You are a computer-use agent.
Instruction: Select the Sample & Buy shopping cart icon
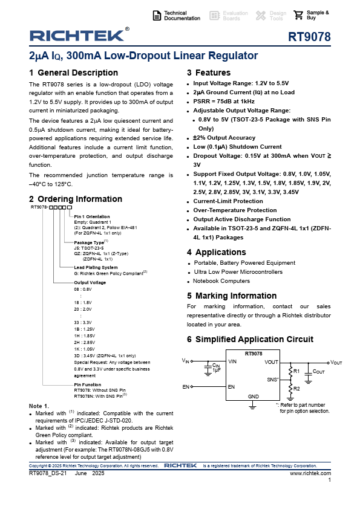(298, 15)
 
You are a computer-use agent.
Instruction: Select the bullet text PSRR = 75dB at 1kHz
(224, 101)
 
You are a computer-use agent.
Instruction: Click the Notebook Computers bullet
(221, 280)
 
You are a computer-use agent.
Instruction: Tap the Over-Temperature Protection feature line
(235, 210)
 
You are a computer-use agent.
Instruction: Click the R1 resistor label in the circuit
(296, 370)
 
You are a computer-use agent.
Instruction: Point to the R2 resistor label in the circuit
(296, 388)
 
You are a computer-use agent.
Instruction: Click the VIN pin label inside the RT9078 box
(232, 361)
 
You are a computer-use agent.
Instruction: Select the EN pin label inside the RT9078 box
(231, 386)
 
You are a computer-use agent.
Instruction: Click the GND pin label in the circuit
(253, 395)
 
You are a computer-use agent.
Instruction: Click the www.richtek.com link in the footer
(311, 473)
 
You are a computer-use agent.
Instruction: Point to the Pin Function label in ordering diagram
(88, 384)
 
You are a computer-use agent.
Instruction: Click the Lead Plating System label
(96, 267)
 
